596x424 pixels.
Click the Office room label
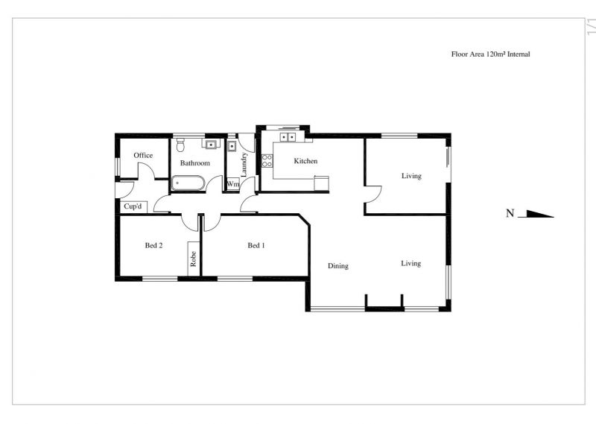coord(143,155)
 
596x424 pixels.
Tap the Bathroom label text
coord(195,163)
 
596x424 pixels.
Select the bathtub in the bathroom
coord(188,183)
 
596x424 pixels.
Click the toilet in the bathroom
coord(180,145)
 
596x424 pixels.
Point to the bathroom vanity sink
coord(211,144)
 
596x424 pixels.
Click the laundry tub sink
coord(232,145)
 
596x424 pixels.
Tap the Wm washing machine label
coord(233,184)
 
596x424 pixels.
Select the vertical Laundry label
coord(244,164)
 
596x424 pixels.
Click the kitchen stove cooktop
coord(267,160)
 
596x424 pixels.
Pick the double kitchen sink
coord(288,136)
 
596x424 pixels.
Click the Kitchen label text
coord(305,161)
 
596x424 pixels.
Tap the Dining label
coord(338,266)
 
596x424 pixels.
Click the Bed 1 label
coord(256,246)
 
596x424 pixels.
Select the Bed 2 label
coord(153,246)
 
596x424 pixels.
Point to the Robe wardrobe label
coord(193,259)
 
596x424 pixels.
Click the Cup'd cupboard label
coord(133,206)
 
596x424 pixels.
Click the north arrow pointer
coord(536,214)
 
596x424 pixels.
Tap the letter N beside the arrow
coord(510,214)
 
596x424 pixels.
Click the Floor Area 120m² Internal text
coord(490,54)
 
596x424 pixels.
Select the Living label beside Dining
coord(411,263)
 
